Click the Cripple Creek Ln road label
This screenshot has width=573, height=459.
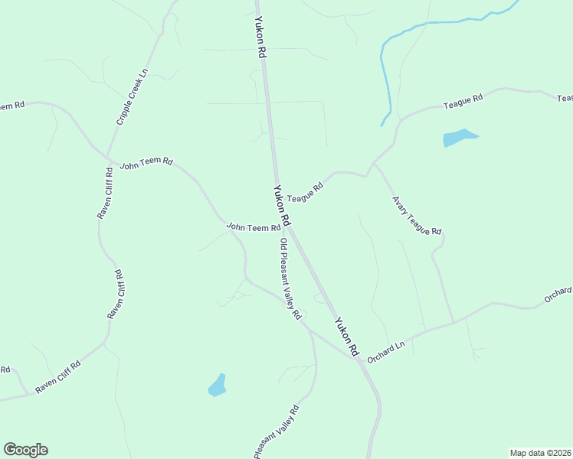coord(132,98)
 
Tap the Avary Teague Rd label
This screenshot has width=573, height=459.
coord(417,216)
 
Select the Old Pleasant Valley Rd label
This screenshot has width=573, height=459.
coord(290,279)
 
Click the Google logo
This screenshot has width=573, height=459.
coord(25,450)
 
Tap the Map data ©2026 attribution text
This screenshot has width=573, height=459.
coord(540,453)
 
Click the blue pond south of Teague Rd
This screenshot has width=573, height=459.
coord(458,138)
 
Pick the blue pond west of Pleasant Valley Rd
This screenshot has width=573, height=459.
coord(218,386)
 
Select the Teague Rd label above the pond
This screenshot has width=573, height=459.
coord(463,101)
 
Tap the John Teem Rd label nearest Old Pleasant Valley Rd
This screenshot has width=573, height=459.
coord(254,227)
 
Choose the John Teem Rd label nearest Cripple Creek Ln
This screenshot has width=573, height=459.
coord(146,163)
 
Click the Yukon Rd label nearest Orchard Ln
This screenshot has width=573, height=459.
coord(345,337)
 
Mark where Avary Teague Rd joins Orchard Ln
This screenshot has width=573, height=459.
coord(453,322)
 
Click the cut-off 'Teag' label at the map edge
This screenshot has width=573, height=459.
coord(565,98)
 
